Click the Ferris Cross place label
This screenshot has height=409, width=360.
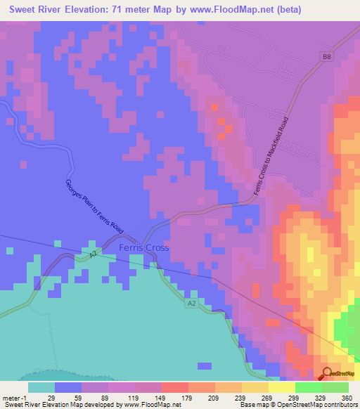[143, 248]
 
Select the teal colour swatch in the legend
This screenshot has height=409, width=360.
[41, 387]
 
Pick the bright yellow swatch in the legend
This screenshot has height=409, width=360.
[282, 387]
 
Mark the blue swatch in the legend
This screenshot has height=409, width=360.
[68, 387]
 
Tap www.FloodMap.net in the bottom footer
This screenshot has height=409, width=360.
[147, 405]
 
